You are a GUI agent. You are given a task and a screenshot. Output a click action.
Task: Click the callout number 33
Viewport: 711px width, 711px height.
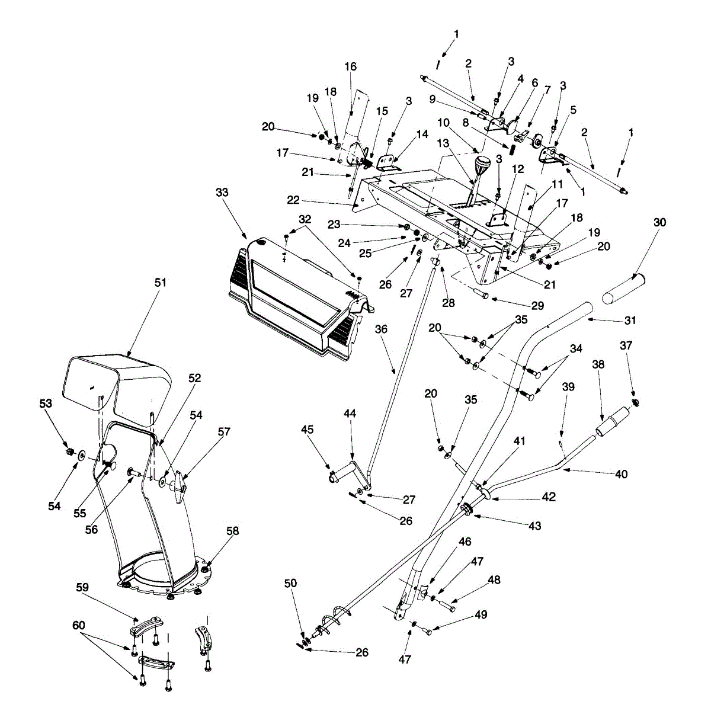click(222, 193)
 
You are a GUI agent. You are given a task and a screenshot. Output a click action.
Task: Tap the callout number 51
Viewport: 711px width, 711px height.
click(161, 283)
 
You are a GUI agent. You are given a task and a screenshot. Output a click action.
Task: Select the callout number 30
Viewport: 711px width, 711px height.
click(660, 222)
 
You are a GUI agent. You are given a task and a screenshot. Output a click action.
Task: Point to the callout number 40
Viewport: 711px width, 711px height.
click(621, 474)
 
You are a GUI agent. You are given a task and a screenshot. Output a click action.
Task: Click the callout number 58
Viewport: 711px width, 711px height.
click(233, 531)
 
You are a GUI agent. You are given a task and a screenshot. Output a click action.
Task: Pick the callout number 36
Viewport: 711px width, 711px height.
click(381, 329)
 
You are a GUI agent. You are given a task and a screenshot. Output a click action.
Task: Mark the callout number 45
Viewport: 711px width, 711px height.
click(306, 429)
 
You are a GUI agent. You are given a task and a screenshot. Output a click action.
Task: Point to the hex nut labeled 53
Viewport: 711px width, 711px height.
click(69, 453)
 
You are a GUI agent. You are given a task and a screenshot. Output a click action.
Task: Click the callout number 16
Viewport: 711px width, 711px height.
click(351, 66)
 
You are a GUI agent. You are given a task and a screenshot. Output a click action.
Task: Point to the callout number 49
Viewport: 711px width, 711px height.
click(481, 614)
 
